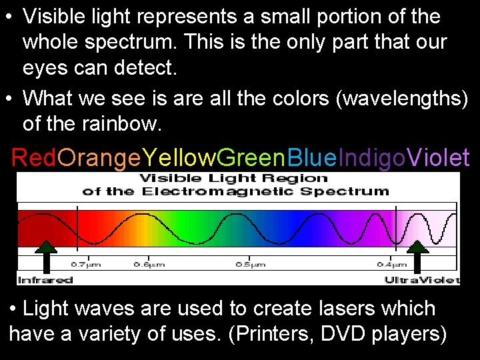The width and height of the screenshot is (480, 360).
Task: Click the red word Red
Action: [x=34, y=158]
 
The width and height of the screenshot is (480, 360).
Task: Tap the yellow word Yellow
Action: [x=179, y=158]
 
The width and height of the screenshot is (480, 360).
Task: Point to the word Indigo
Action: [x=372, y=158]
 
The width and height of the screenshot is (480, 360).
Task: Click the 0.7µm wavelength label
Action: [x=86, y=265]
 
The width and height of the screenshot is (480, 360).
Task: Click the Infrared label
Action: [x=45, y=280]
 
